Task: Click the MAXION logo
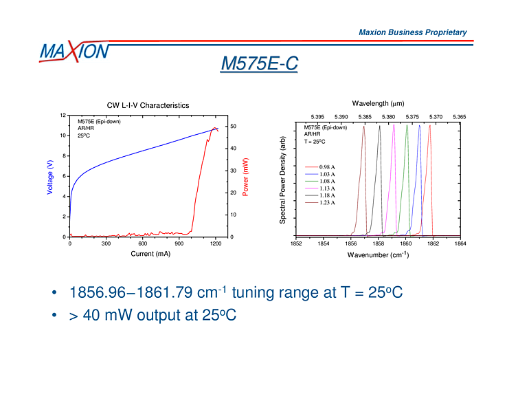coord(74,52)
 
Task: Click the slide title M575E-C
coord(259,64)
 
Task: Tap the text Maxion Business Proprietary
coord(412,32)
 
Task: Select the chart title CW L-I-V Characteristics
coord(148,105)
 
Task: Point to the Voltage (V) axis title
coord(50,177)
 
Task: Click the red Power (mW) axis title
coord(246,177)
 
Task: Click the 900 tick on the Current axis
coord(179,243)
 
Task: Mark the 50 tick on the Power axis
coord(234,127)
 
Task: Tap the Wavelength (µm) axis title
coord(378,103)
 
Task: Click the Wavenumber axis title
coord(378,254)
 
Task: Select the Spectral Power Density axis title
coord(282,180)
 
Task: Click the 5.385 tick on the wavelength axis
coord(365,117)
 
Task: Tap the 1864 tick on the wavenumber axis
coord(460,243)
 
